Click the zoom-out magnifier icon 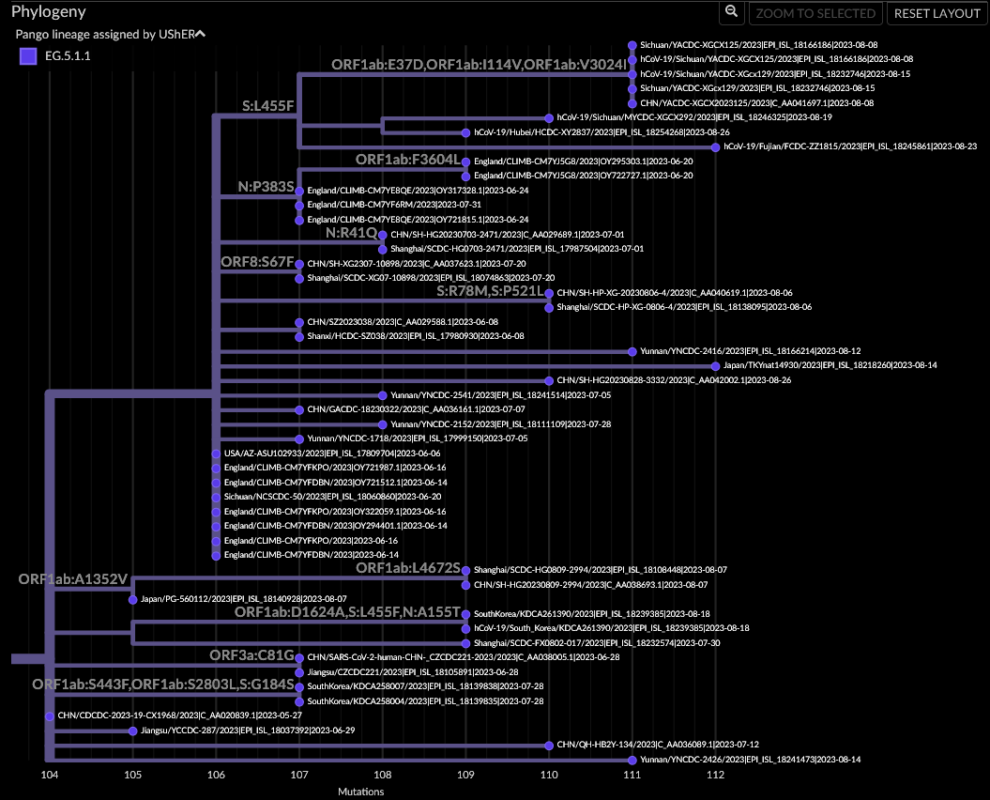coord(731,13)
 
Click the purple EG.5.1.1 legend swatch coord(28,55)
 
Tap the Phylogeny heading coord(49,12)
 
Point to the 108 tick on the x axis coord(382,775)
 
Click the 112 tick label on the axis coord(715,775)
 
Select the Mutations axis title coord(360,792)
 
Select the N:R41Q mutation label coord(351,232)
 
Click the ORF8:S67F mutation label coord(257,261)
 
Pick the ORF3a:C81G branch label coord(251,654)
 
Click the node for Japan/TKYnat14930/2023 coord(715,365)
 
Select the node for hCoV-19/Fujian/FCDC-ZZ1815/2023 coord(715,146)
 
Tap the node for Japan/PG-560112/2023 coord(132,599)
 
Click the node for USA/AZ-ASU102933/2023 coord(216,453)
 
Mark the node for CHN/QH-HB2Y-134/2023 coord(549,745)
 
